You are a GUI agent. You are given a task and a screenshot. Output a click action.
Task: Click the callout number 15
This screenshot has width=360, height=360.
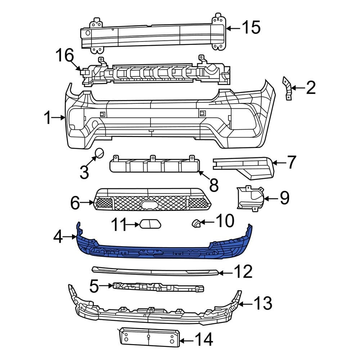(x=251, y=28)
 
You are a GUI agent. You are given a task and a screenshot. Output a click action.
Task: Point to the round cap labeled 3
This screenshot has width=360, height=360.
(x=99, y=154)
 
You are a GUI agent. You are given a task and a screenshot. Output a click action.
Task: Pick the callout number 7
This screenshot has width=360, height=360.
(x=291, y=162)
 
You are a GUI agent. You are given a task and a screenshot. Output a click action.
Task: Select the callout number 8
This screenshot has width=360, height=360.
(x=213, y=185)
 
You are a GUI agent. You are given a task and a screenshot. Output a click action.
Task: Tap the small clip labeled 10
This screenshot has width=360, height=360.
(x=196, y=224)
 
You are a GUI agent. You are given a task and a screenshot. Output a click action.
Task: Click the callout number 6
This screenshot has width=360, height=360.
(x=75, y=203)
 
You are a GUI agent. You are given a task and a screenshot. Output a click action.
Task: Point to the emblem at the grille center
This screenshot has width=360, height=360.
(x=150, y=205)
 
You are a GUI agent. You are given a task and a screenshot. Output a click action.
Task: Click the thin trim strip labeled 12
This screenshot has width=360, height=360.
(x=155, y=270)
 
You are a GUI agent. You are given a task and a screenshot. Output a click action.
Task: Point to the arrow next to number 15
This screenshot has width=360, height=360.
(x=233, y=28)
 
